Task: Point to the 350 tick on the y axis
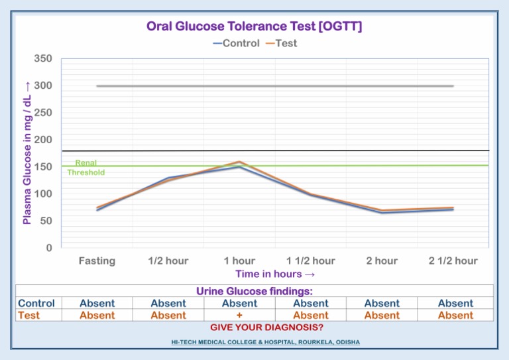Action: click(43, 59)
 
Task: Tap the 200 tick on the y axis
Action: click(43, 140)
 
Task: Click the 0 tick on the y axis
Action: click(48, 248)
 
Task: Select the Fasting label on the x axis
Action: click(97, 261)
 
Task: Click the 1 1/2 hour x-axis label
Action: click(310, 261)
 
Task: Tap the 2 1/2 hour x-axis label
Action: click(453, 261)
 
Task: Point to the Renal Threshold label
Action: click(86, 167)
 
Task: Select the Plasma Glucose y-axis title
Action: click(27, 153)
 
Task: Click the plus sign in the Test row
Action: click(239, 316)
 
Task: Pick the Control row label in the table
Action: click(36, 304)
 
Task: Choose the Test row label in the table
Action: click(29, 316)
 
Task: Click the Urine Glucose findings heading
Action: click(254, 291)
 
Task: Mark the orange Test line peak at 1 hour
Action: click(239, 162)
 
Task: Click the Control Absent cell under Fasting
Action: click(97, 304)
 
